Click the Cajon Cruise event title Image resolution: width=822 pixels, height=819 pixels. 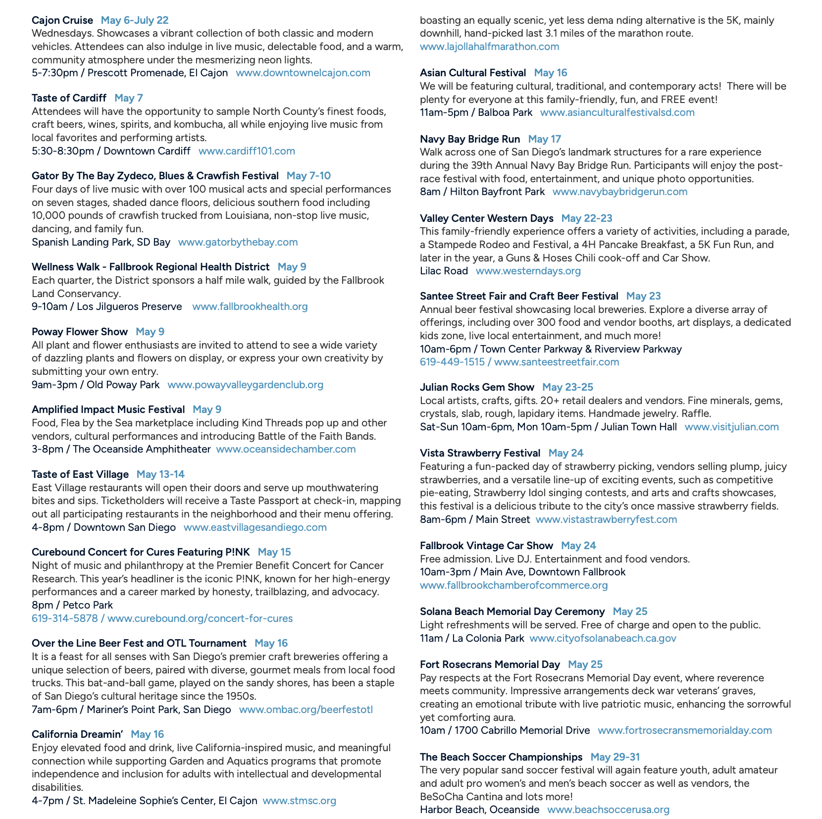pos(62,20)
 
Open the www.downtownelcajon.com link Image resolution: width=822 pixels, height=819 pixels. pos(303,73)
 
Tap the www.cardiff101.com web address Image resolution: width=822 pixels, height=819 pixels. pos(247,151)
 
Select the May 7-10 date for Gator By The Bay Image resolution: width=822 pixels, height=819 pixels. pos(308,176)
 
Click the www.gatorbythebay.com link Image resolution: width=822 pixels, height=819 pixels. pos(238,242)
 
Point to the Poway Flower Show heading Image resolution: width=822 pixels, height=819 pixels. pos(80,332)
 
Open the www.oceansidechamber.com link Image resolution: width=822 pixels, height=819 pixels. pos(286,449)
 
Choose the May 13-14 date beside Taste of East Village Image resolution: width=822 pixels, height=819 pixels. pos(160,474)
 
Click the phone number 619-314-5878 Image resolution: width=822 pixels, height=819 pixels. pos(65,618)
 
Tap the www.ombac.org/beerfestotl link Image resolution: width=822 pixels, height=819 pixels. pos(306,710)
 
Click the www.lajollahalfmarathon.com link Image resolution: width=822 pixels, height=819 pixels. pos(489,47)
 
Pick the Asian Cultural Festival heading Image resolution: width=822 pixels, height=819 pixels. pos(473,73)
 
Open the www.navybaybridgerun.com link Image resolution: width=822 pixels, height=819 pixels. pos(620,192)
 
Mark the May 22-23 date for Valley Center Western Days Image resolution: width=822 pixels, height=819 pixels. pos(587,218)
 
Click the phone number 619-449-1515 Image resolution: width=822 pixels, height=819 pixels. pos(452,362)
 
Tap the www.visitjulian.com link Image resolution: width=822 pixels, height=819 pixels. pos(731,427)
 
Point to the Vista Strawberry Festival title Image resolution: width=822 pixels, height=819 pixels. pos(480,453)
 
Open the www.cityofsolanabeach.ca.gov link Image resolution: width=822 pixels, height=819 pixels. pos(603,638)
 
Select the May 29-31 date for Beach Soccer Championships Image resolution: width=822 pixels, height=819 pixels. pos(615,757)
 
